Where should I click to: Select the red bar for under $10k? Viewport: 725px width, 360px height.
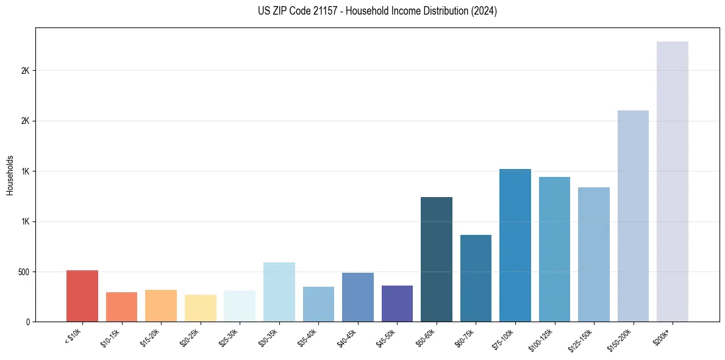pyautogui.click(x=82, y=296)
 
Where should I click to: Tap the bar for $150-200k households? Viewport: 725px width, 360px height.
pyautogui.click(x=633, y=216)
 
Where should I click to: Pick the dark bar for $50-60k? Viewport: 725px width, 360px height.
pyautogui.click(x=437, y=259)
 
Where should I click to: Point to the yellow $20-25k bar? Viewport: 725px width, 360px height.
pyautogui.click(x=200, y=308)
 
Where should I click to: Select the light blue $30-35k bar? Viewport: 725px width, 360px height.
pyautogui.click(x=279, y=292)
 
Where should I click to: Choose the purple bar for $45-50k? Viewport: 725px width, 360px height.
pyautogui.click(x=397, y=303)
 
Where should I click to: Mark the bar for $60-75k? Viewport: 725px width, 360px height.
pyautogui.click(x=476, y=278)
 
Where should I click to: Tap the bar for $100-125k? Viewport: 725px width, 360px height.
pyautogui.click(x=554, y=249)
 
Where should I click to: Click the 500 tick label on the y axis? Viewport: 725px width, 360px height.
pyautogui.click(x=24, y=272)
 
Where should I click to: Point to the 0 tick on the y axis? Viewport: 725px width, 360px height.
pyautogui.click(x=28, y=322)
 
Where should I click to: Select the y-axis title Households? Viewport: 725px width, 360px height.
pyautogui.click(x=10, y=175)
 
